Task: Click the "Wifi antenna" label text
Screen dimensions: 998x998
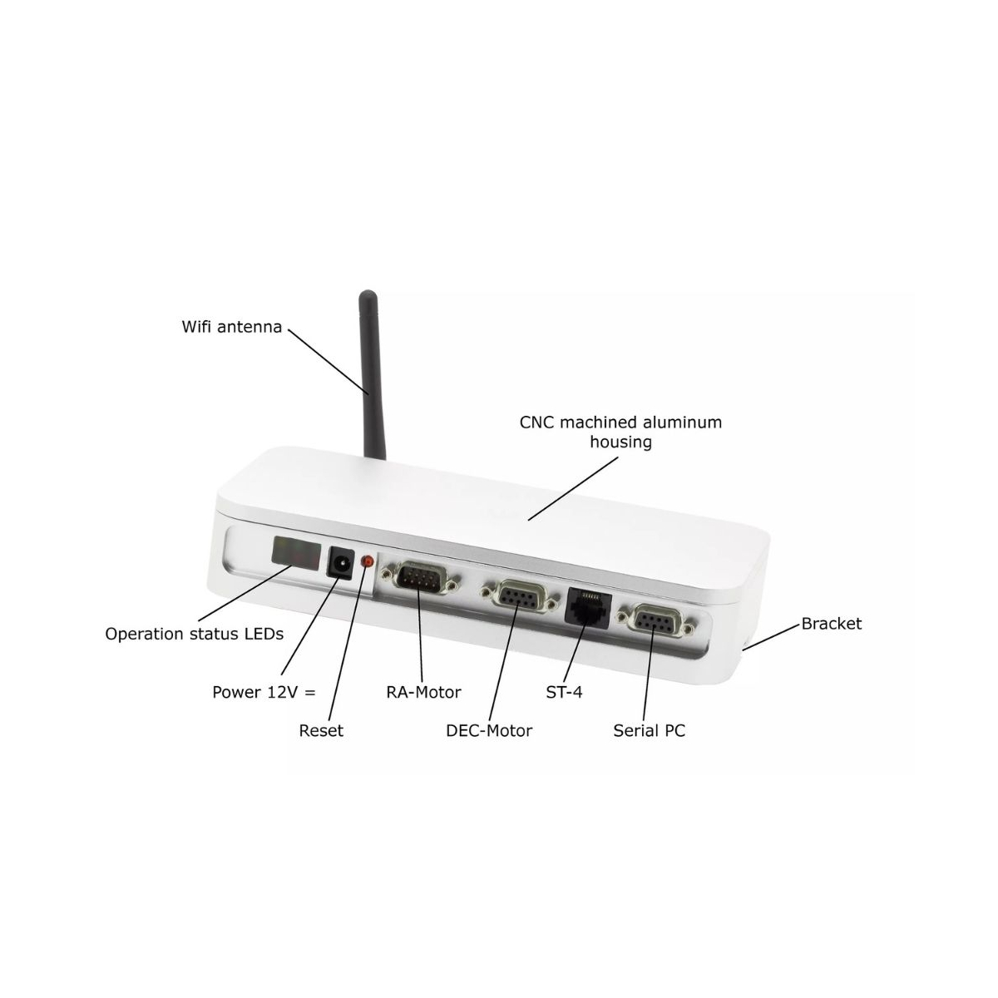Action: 231,327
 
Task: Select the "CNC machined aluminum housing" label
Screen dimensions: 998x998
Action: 620,432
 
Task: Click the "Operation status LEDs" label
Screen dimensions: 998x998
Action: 195,634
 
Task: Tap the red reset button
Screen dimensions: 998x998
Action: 368,561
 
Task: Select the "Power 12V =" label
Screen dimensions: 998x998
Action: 264,693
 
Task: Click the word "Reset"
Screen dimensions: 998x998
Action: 321,731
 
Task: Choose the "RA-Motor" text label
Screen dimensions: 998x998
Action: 423,693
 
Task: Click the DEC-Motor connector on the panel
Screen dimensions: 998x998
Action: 521,598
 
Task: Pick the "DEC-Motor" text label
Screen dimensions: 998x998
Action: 489,731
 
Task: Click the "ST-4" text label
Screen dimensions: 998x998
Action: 564,693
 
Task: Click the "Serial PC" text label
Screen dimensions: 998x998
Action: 649,731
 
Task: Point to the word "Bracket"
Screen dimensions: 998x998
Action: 831,624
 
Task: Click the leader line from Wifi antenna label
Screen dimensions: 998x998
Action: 329,362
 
